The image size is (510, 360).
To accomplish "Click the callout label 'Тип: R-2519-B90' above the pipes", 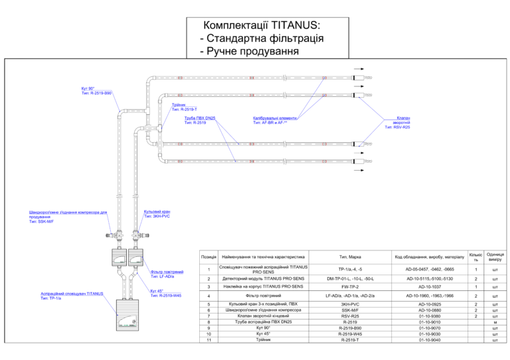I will tap(96, 94).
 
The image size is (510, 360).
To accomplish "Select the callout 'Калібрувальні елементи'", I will tap(274, 118).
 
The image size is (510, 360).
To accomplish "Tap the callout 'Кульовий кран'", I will tap(157, 212).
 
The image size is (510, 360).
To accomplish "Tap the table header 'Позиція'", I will tap(209, 256).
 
